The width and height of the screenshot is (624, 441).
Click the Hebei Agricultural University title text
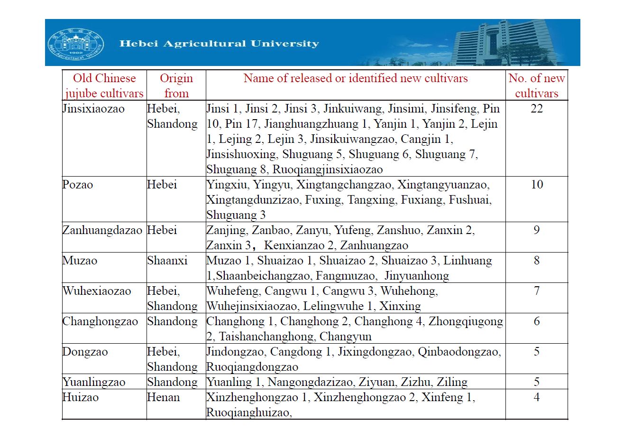(219, 44)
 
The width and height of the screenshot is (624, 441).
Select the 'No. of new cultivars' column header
(536, 85)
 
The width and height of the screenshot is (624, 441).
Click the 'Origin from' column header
(176, 85)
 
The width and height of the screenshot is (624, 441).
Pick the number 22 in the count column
(536, 109)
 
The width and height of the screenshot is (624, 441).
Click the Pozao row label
(78, 185)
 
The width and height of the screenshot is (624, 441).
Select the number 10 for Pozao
(536, 185)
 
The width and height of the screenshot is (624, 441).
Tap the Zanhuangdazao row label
(102, 230)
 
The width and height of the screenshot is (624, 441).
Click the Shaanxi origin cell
(167, 261)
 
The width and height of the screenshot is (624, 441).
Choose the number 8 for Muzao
(536, 261)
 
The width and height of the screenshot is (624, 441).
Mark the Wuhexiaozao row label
(97, 291)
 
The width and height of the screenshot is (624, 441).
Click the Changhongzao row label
(100, 321)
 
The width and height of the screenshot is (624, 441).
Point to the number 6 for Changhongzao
(536, 321)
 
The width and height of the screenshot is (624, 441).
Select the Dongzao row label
(85, 352)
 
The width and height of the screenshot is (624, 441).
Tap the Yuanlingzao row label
(94, 382)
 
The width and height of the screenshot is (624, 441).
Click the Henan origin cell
(163, 397)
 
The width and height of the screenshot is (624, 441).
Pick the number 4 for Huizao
(536, 397)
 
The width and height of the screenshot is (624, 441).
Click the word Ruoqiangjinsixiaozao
(327, 169)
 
